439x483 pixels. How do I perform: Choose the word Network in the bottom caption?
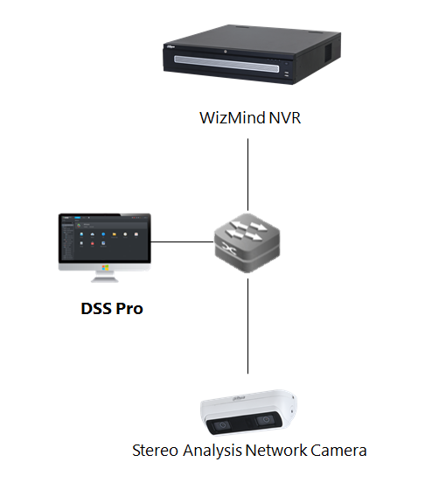coord(273,451)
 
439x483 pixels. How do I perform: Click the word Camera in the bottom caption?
coord(337,451)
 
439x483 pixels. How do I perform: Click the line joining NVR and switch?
coord(249,171)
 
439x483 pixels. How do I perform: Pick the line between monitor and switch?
coord(181,242)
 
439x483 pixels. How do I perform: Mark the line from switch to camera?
coord(249,328)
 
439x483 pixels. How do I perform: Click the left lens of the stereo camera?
coord(220,426)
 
